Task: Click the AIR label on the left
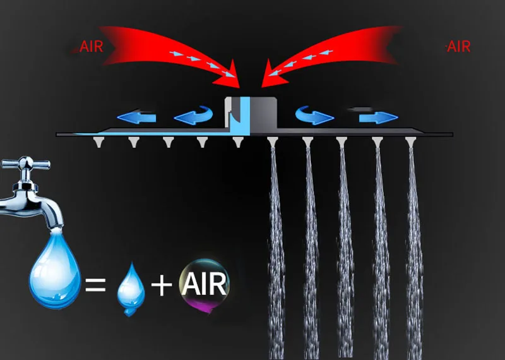click(x=91, y=46)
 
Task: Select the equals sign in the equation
click(x=95, y=287)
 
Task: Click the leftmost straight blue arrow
click(x=135, y=117)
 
